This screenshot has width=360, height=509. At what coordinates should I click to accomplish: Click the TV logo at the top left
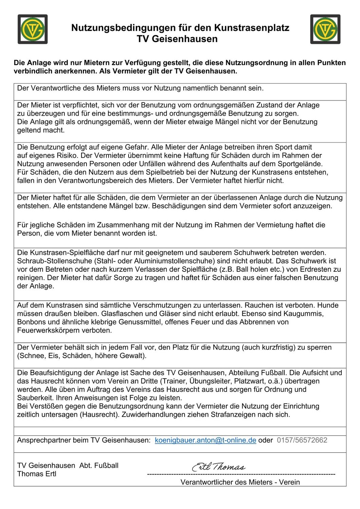point(33,29)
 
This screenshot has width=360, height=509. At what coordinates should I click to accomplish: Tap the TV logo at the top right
point(325,29)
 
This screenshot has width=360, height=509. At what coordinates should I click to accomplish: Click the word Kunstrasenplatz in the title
point(251,28)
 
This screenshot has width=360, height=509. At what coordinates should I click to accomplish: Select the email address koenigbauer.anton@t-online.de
point(205,440)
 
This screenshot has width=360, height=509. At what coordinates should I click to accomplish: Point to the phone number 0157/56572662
point(302,440)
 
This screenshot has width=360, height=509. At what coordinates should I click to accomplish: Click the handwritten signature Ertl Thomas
point(219,467)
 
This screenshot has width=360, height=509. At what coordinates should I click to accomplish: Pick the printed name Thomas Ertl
point(37,474)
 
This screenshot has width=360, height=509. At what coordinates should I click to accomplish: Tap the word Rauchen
point(259,305)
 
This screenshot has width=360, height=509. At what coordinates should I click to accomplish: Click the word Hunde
point(328,305)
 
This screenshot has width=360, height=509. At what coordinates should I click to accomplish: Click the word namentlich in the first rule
point(200,88)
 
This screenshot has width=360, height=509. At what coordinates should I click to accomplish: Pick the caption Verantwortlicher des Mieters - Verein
point(240,482)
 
